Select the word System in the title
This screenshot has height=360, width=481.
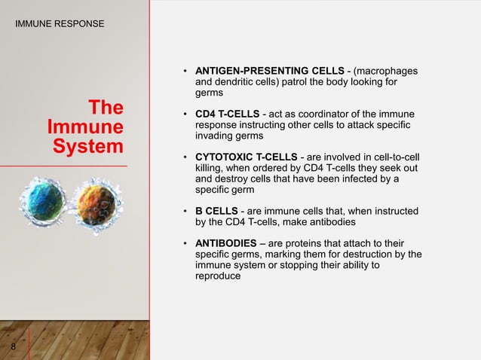pos(88,145)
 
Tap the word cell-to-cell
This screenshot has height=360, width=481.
pos(392,157)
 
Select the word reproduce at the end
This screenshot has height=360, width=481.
pos(218,276)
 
